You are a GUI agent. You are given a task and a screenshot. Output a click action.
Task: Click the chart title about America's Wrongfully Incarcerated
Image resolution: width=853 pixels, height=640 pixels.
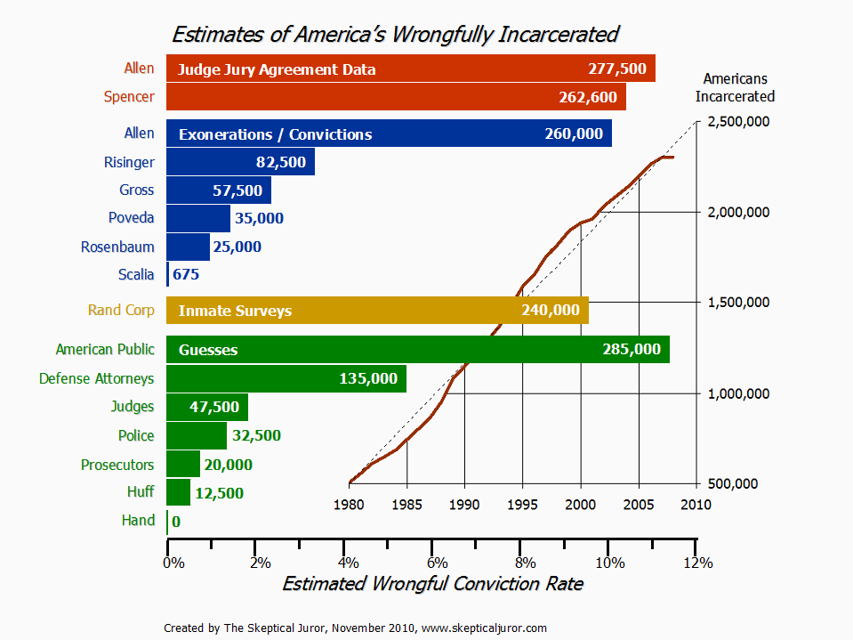point(395,35)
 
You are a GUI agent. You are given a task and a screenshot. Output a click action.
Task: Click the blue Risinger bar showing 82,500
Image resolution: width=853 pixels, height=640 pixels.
point(240,162)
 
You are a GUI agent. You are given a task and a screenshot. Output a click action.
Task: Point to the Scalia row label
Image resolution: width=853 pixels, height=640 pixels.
point(136,274)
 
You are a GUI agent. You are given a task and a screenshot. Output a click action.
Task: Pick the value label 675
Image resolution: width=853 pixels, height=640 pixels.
point(186,274)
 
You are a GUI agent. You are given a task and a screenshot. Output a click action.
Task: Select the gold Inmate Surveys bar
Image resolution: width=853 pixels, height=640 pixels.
point(377,311)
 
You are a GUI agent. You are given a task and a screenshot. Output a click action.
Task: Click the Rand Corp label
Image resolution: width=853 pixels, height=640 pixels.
point(121,311)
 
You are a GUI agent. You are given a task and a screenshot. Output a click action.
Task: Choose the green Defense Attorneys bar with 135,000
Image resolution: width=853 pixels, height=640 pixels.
point(286,378)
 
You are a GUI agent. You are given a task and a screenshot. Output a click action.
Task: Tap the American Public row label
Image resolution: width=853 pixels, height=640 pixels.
point(105,350)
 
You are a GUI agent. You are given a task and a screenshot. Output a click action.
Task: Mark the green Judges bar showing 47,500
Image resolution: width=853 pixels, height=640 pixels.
point(207,407)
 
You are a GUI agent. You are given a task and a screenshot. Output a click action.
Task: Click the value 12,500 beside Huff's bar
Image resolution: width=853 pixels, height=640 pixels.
point(219,493)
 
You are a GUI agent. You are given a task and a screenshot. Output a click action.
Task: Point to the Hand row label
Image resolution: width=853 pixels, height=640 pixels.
point(138,520)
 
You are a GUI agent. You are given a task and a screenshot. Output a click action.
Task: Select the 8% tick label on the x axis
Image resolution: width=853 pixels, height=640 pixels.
point(525,563)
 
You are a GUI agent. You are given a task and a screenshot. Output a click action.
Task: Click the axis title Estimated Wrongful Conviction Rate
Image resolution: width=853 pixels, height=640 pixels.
point(432,584)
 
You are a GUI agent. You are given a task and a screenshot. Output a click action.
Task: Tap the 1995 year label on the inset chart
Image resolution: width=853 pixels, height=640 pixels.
point(522,506)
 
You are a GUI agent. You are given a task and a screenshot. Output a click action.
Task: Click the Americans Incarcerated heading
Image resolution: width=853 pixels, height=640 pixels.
point(735,87)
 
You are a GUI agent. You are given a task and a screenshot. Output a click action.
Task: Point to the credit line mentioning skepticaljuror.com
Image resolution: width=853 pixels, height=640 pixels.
point(356,628)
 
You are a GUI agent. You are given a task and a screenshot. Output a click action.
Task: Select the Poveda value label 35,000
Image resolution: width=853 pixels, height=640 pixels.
point(258,218)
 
